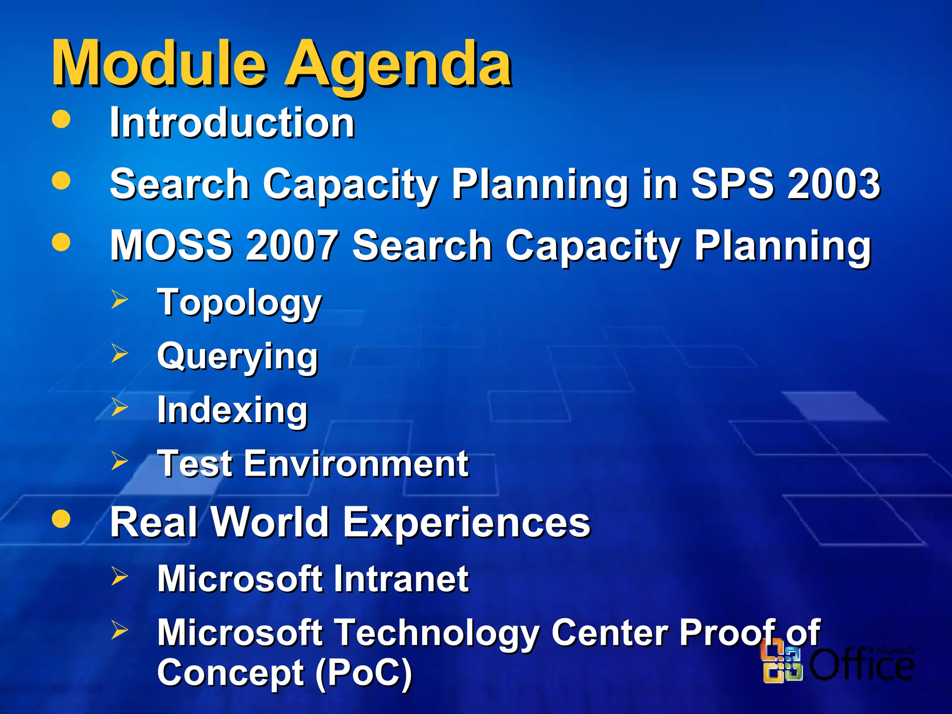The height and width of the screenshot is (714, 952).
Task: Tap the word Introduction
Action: point(232,123)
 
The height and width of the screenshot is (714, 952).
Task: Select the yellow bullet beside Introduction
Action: point(61,119)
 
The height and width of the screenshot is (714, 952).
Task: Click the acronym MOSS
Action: point(171,245)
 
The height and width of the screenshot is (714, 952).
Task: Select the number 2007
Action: point(292,245)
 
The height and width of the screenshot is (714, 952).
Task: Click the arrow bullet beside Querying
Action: point(119,353)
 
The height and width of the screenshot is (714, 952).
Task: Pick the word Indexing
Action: point(232,410)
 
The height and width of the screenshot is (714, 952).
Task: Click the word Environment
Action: point(356,463)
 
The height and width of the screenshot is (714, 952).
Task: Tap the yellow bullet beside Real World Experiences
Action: point(61,518)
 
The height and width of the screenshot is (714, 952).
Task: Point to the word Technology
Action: point(437,633)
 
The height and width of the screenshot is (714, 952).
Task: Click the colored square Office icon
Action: point(781,664)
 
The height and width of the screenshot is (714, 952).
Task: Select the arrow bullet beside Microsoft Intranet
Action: point(119,576)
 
